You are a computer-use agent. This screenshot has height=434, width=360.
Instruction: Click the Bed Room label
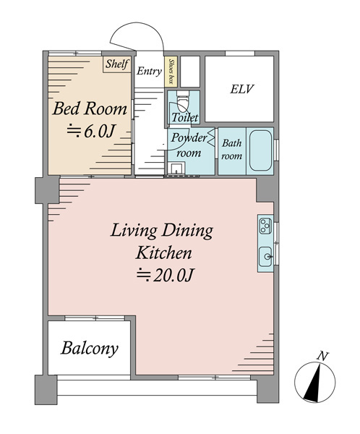pyautogui.click(x=90, y=109)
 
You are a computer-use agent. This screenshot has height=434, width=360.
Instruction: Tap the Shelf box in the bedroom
pyautogui.click(x=117, y=64)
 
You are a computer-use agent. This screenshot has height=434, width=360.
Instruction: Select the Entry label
pyautogui.click(x=149, y=71)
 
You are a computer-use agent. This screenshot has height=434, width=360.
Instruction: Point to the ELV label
pyautogui.click(x=242, y=89)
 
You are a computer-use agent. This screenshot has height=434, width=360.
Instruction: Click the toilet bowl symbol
pyautogui.click(x=183, y=101)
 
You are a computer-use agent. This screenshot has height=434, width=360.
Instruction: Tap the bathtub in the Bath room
pyautogui.click(x=260, y=151)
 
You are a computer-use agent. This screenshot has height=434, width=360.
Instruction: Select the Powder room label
pyautogui.click(x=189, y=145)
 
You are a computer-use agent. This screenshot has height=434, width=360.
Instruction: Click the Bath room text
pyautogui.click(x=231, y=150)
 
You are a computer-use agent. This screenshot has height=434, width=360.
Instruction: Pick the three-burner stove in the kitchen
pyautogui.click(x=265, y=226)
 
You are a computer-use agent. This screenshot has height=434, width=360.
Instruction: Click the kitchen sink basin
pyautogui.click(x=265, y=257)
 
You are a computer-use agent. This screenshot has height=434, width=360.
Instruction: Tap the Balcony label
pyautogui.click(x=90, y=349)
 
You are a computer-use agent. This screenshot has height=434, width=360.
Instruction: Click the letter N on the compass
pyautogui.click(x=322, y=356)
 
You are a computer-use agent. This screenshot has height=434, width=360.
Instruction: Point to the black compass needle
pyautogui.click(x=313, y=385)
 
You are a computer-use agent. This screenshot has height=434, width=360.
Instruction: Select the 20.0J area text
pyautogui.click(x=164, y=275)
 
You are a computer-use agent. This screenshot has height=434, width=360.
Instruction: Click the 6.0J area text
pyautogui.click(x=90, y=131)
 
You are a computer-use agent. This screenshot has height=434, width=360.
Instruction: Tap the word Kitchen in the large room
pyautogui.click(x=163, y=252)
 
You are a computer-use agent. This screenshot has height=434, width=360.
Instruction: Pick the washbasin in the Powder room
pyautogui.click(x=176, y=168)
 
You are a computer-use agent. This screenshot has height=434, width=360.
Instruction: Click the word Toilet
pyautogui.click(x=185, y=117)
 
